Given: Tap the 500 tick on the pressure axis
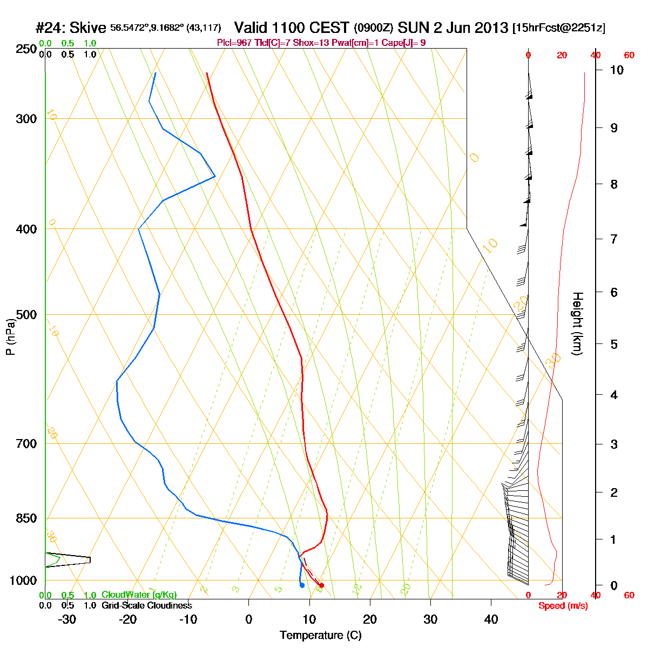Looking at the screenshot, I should (x=28, y=314).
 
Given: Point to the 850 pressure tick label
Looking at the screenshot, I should (x=28, y=518).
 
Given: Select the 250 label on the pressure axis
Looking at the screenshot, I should (x=28, y=49).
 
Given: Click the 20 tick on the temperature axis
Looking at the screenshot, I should (x=370, y=618).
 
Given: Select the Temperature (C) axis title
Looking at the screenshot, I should (x=321, y=635).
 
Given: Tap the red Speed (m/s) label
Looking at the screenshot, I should (x=563, y=606).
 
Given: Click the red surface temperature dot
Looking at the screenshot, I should (x=321, y=585).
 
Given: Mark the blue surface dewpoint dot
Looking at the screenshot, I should (x=302, y=585).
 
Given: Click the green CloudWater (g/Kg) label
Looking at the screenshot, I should (x=139, y=595).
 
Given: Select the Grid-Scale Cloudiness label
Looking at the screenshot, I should (x=146, y=606).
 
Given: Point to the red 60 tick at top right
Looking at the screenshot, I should (x=629, y=55).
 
